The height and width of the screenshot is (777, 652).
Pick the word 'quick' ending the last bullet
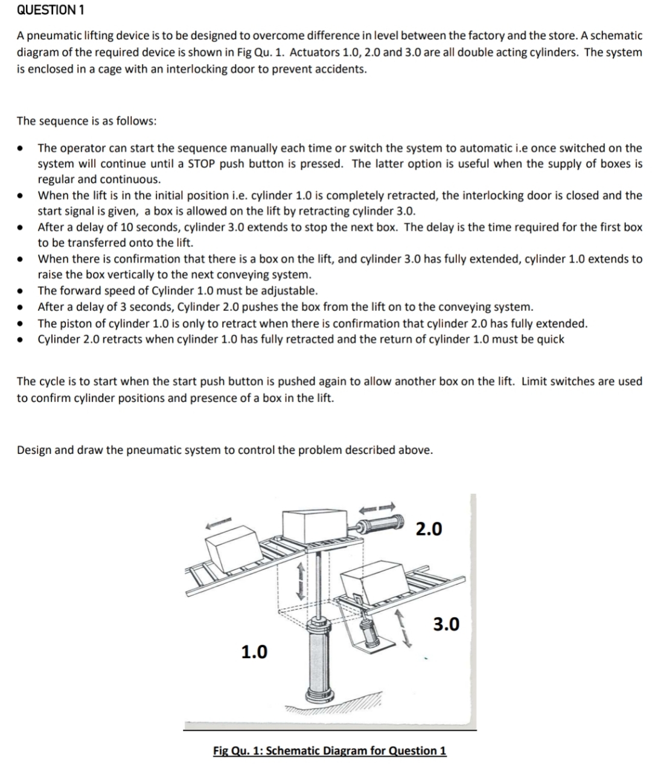[x=548, y=339]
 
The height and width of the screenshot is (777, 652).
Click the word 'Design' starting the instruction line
[x=34, y=450]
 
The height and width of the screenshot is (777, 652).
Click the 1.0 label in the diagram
[x=254, y=652]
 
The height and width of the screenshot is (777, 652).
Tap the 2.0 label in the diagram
[x=429, y=529]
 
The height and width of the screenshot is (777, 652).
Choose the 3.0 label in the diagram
[x=446, y=624]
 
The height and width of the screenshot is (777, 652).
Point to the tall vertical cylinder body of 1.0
[x=318, y=658]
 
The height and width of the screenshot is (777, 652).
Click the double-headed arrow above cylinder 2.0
[x=379, y=506]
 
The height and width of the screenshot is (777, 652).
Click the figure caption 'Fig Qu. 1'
[x=330, y=750]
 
